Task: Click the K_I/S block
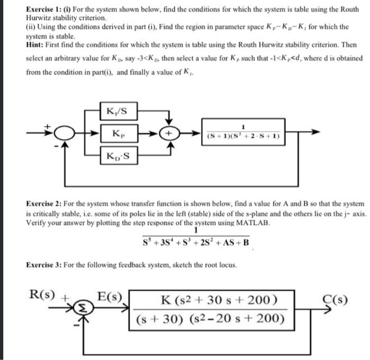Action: (120, 112)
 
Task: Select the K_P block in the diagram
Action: (120, 134)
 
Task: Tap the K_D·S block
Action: (120, 157)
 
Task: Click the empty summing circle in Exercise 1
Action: (64, 134)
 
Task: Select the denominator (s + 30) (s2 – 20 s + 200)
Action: (210, 319)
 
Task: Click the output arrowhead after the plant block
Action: (316, 134)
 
